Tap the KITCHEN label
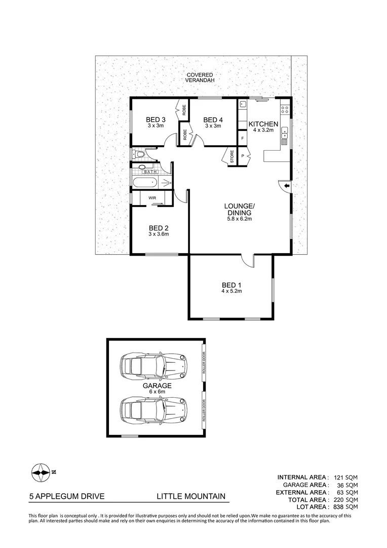(262, 124)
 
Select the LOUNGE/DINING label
(240, 209)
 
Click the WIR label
(152, 198)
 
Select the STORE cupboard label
(231, 155)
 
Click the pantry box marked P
(243, 155)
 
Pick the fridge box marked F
(243, 138)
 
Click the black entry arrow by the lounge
(287, 187)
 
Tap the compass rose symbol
(41, 472)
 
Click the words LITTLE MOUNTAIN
(190, 497)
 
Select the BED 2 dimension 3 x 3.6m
(158, 234)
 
